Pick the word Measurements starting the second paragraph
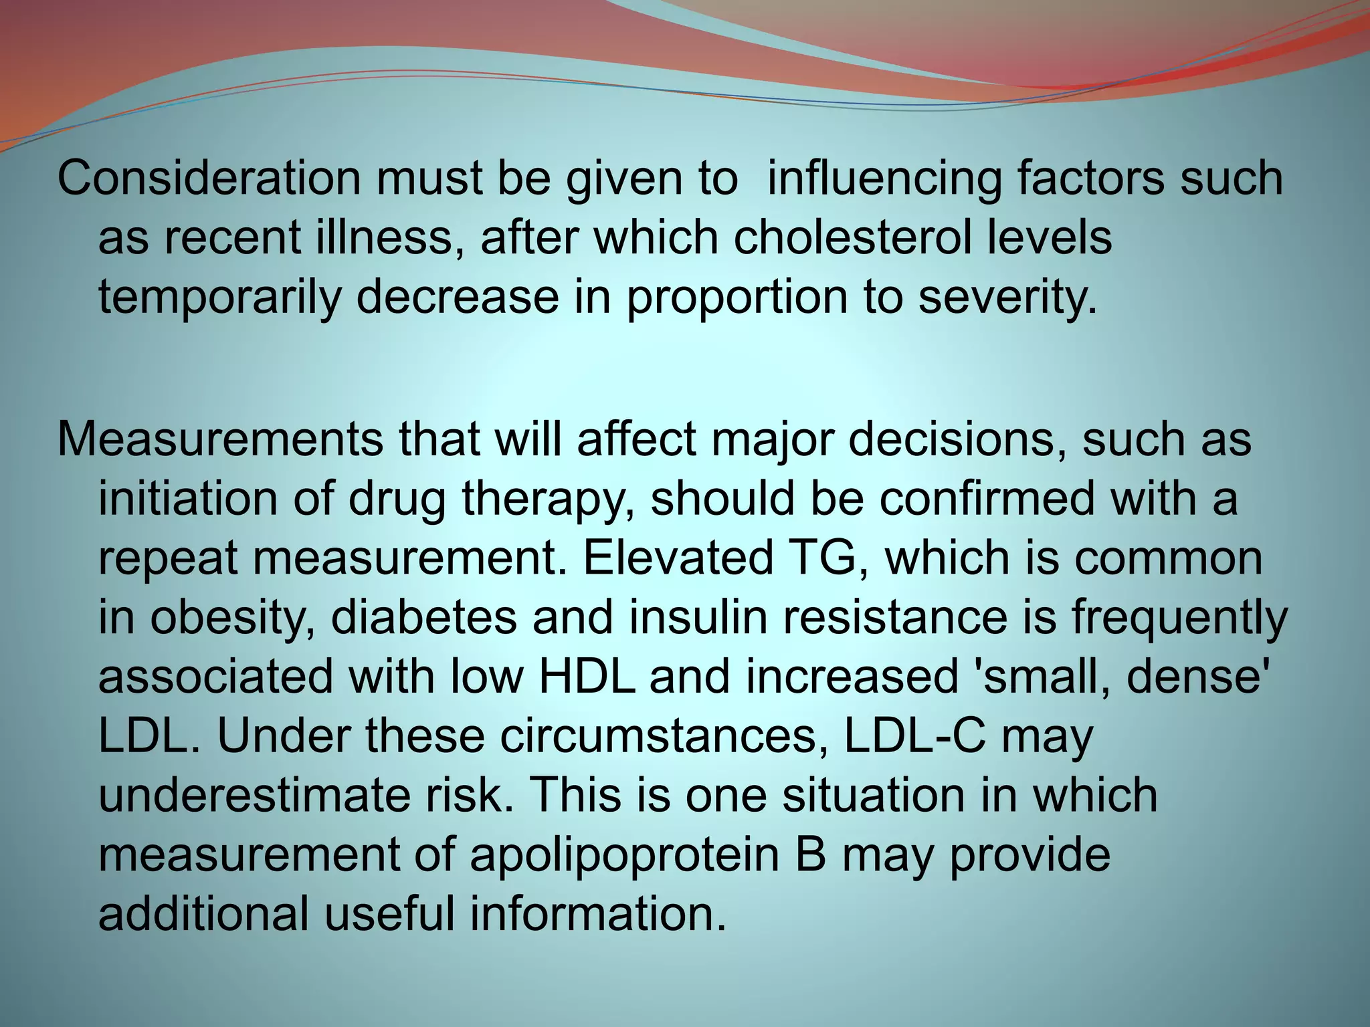tap(220, 439)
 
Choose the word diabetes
tap(423, 618)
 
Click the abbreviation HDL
tap(587, 677)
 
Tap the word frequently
tap(1179, 618)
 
